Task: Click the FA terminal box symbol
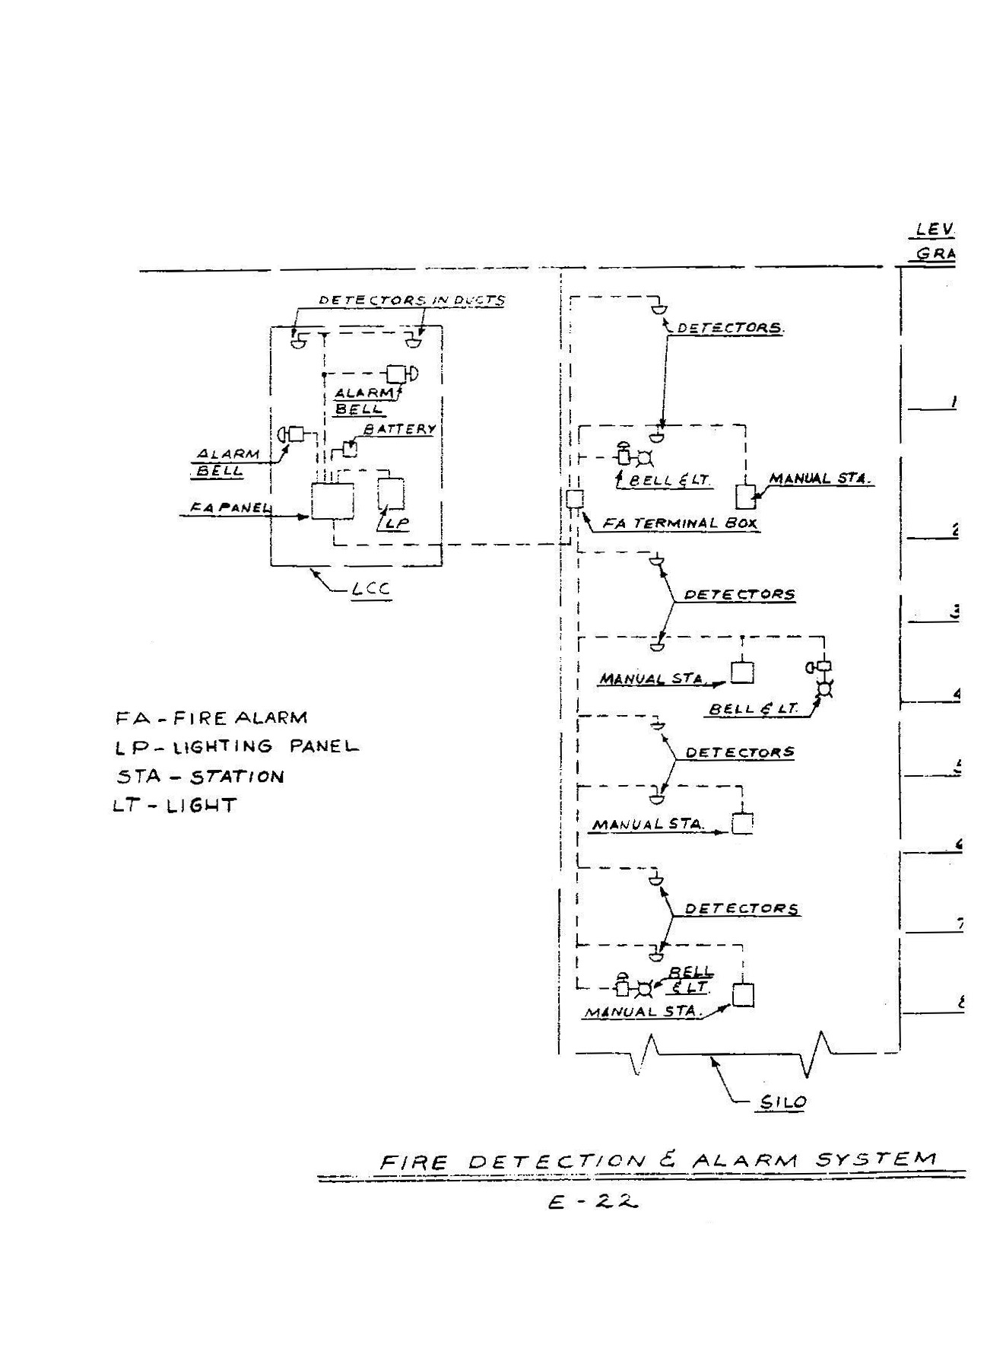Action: [x=574, y=500]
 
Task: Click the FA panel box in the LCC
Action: [x=332, y=501]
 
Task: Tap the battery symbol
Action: [x=350, y=449]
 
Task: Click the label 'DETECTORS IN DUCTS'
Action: [x=411, y=300]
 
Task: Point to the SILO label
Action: [x=783, y=1102]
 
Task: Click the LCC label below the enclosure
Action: [x=371, y=590]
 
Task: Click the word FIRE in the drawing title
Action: [x=414, y=1162]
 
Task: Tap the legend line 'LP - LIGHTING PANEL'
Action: [x=236, y=747]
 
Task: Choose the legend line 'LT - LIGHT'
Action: [x=174, y=805]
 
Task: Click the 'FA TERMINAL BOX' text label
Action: [x=680, y=523]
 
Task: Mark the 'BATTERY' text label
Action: [x=400, y=429]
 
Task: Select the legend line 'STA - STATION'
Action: [x=199, y=777]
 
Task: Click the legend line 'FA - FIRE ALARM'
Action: [x=211, y=718]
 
